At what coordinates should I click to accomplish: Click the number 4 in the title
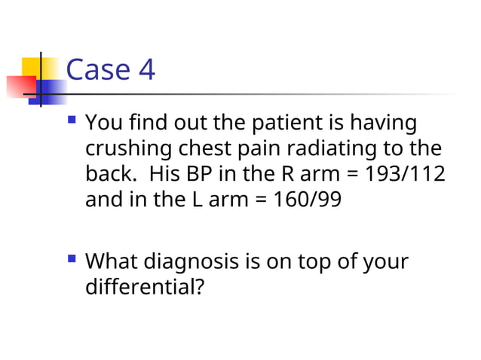(x=145, y=71)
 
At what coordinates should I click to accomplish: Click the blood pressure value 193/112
(x=404, y=174)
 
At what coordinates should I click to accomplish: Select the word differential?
(x=144, y=287)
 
